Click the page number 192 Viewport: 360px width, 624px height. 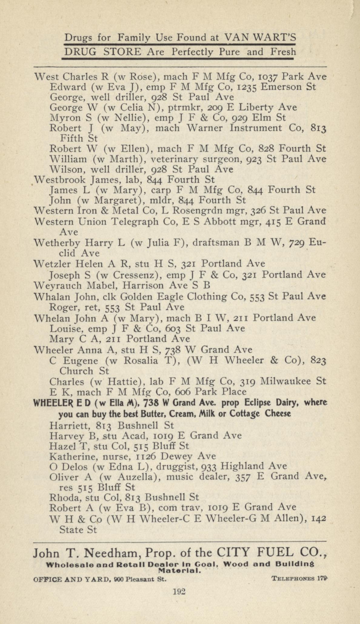[179, 591]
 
